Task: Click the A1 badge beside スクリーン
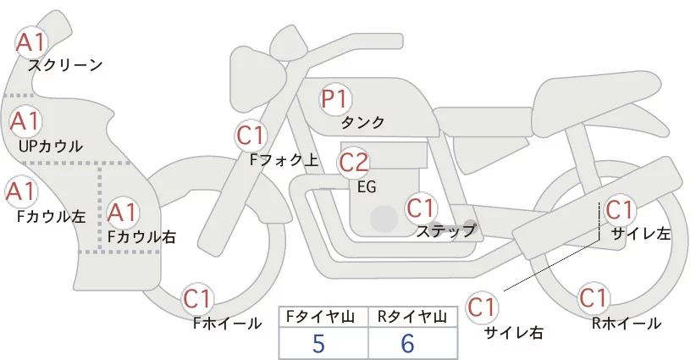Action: (33, 41)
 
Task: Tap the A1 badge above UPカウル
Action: (25, 121)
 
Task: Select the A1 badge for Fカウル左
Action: (20, 191)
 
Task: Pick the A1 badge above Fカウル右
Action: (123, 210)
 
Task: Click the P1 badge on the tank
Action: (335, 99)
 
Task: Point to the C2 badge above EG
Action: (353, 161)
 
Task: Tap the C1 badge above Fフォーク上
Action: (251, 135)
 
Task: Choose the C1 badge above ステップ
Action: (421, 207)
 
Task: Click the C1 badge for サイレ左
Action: (620, 208)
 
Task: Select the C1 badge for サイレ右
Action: (483, 306)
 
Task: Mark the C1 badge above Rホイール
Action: (593, 298)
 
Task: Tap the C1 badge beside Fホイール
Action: (199, 298)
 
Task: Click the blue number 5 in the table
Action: (318, 344)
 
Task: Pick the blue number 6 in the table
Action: (409, 344)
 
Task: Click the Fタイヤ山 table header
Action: (322, 317)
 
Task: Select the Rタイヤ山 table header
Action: (412, 317)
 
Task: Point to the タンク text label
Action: (362, 123)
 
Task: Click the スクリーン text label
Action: (65, 65)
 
